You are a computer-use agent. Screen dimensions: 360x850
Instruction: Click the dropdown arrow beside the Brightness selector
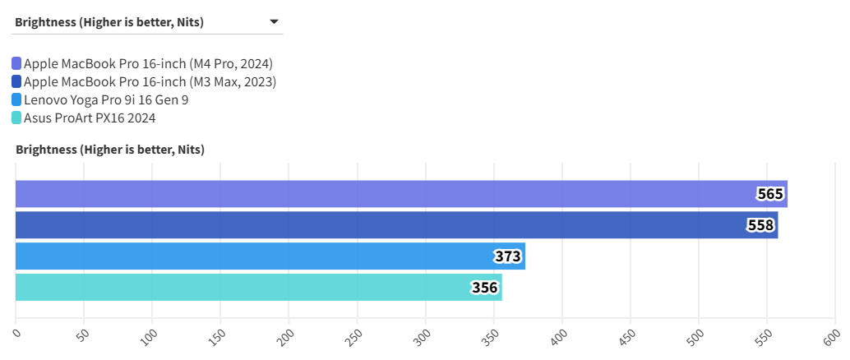[275, 22]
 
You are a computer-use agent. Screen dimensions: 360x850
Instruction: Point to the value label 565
[770, 194]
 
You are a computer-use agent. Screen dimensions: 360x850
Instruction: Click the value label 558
[760, 225]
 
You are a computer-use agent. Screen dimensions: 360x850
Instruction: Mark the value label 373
[507, 256]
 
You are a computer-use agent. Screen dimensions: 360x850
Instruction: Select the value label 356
[484, 288]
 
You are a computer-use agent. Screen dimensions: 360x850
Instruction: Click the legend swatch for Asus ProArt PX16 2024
[16, 118]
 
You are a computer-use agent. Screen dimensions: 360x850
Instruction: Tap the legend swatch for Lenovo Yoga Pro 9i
[16, 99]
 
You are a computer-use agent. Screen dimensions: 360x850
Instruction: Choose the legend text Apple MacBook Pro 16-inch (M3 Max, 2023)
[150, 81]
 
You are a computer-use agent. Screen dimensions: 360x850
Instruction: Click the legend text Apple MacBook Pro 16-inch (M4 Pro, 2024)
[148, 63]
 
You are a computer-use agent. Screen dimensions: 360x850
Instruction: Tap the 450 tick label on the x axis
[626, 336]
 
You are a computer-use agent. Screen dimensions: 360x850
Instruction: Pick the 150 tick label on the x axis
[216, 336]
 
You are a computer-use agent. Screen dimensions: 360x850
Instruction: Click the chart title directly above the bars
[110, 150]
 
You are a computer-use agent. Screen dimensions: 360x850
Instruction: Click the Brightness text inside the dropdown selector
[110, 22]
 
